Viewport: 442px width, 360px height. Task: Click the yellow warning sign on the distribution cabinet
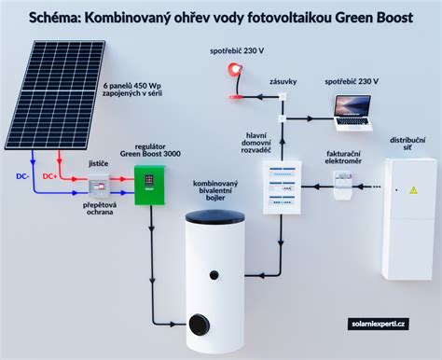(x=409, y=189)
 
